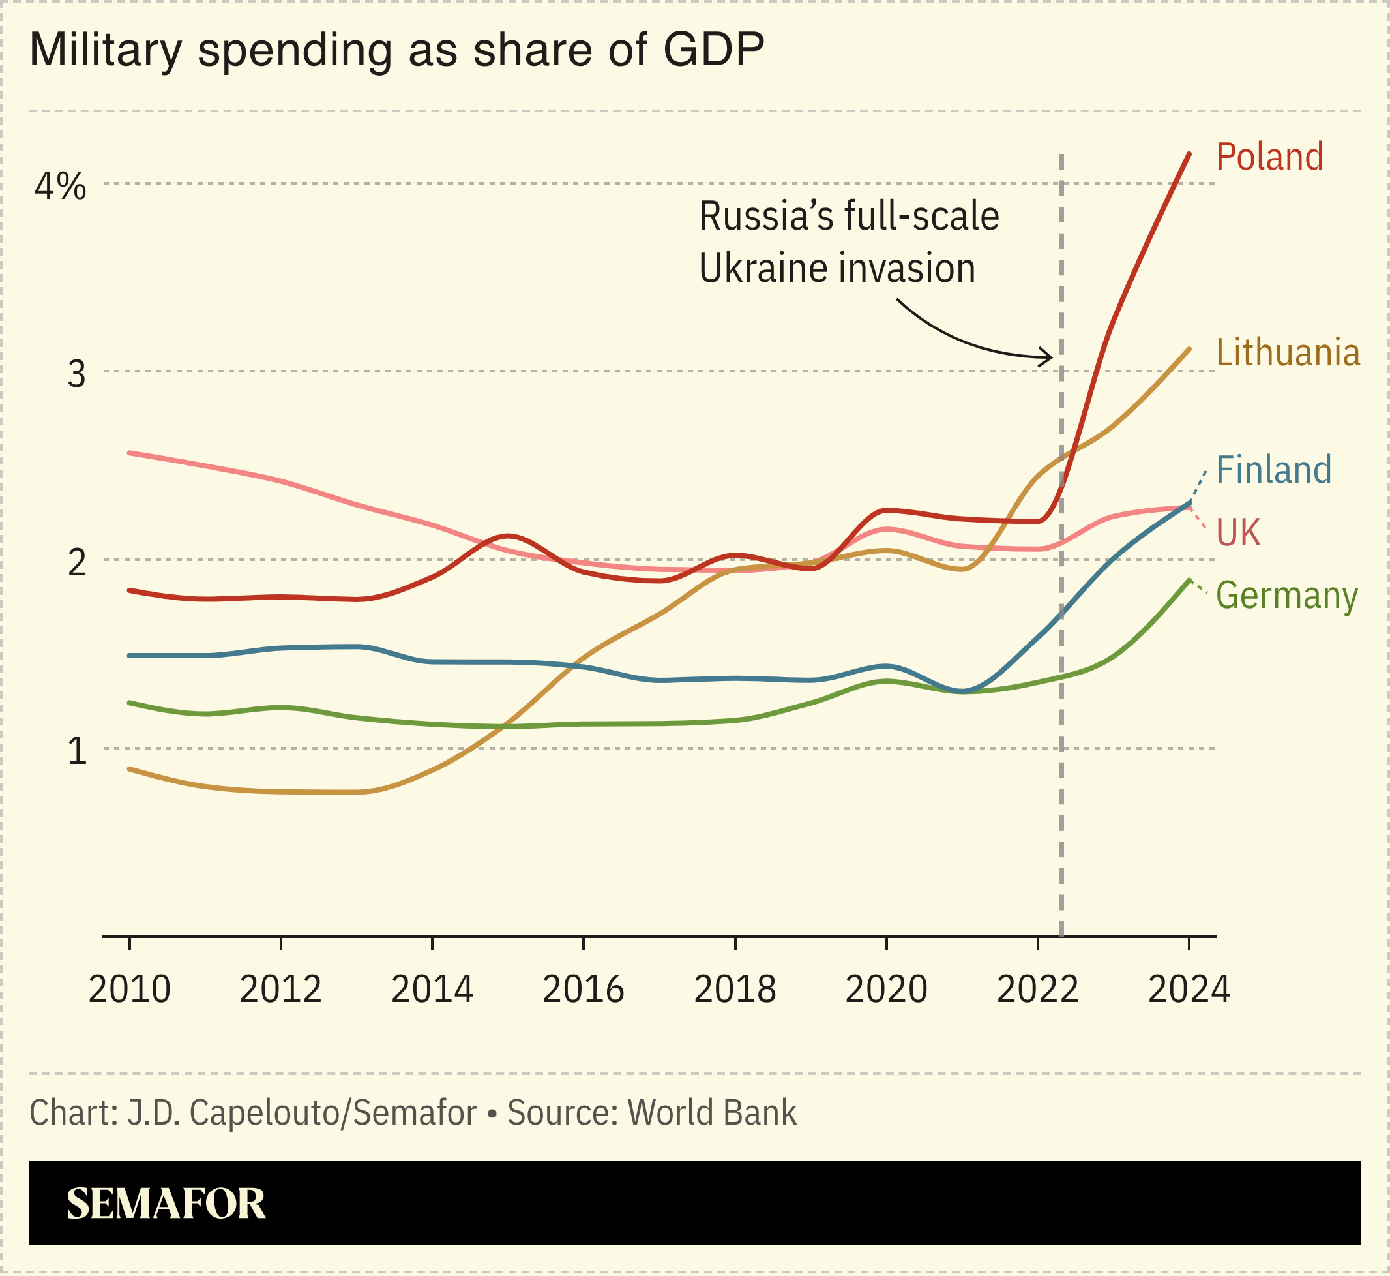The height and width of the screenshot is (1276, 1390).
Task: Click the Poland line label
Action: click(x=1269, y=157)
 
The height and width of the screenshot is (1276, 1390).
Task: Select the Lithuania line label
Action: click(x=1288, y=353)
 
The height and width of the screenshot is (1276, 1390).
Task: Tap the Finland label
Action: click(x=1273, y=470)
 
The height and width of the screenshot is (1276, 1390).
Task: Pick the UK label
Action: click(x=1238, y=533)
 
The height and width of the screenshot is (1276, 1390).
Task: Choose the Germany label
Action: click(x=1286, y=596)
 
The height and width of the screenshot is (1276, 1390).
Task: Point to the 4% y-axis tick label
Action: click(x=61, y=187)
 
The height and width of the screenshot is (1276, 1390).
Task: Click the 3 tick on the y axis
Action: click(x=77, y=374)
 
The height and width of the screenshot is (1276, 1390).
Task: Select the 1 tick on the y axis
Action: click(x=78, y=752)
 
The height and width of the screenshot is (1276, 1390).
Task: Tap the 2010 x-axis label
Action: click(x=130, y=990)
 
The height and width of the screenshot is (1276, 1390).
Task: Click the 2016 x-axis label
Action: click(x=584, y=990)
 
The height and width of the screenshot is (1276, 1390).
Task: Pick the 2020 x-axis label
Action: click(x=886, y=990)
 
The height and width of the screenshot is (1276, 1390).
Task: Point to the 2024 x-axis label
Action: click(x=1189, y=990)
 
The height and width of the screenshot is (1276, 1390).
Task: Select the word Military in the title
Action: click(x=106, y=50)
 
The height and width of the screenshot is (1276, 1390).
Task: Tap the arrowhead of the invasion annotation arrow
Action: click(x=1050, y=357)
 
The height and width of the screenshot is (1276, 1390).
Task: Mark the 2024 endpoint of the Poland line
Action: click(x=1189, y=153)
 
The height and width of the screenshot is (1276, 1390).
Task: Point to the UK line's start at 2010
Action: click(x=130, y=453)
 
